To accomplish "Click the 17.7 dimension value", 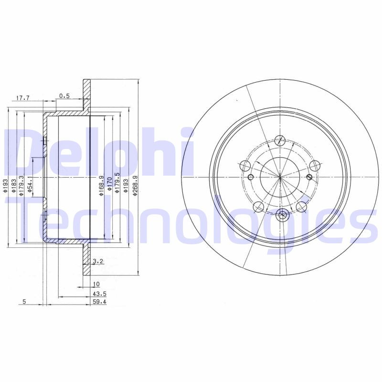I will [23, 98].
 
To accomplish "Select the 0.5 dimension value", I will [65, 95].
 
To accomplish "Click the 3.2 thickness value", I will [97, 261].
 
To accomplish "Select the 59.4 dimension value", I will [98, 301].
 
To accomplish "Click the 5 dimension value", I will [23, 301].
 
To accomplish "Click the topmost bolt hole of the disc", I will [280, 140].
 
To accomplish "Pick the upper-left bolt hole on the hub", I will [245, 166].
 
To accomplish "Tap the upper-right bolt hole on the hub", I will [314, 165].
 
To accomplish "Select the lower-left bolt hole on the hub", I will [258, 207].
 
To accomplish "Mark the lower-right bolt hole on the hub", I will [301, 207].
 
